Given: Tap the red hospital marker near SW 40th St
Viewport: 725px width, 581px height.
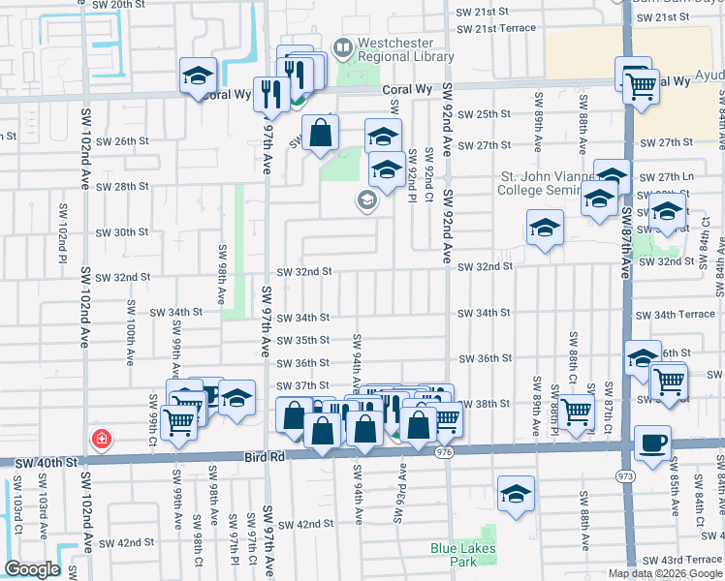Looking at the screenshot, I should [x=100, y=441].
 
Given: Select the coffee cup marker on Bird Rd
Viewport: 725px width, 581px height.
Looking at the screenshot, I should [x=651, y=443].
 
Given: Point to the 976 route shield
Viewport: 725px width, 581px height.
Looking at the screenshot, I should [x=445, y=451].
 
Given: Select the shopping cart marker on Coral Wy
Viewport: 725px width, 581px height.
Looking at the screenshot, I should [x=641, y=85].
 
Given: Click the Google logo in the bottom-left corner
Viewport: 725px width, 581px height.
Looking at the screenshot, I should [x=32, y=568].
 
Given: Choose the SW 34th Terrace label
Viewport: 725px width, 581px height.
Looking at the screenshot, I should [x=676, y=315].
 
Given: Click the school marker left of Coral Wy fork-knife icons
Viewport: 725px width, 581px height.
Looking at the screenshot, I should [x=198, y=76].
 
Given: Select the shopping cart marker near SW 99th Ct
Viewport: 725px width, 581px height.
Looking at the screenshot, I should [x=178, y=421].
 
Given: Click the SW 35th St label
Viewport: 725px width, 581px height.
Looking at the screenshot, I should [x=303, y=340].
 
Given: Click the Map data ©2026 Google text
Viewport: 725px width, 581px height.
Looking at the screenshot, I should [x=666, y=573].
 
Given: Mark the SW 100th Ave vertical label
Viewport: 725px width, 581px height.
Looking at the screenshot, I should [x=129, y=331].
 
